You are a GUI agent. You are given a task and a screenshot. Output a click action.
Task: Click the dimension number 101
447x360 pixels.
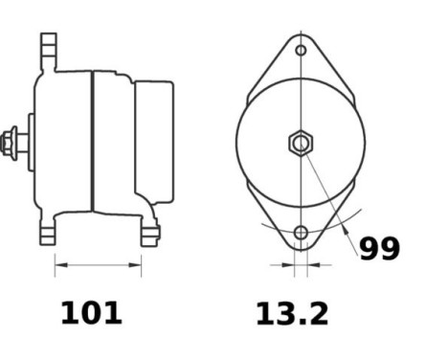[92, 313]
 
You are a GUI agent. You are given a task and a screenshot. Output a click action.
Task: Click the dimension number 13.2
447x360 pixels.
[291, 313]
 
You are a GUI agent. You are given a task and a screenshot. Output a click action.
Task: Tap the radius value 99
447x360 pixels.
[379, 249]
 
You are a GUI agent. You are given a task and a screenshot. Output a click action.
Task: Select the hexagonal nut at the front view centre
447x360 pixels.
[301, 144]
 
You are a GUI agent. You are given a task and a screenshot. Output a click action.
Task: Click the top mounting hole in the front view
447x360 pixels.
[301, 50]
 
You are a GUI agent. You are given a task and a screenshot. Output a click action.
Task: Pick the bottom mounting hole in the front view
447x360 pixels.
[301, 233]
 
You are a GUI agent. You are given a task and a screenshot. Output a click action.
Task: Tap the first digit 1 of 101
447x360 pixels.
[69, 313]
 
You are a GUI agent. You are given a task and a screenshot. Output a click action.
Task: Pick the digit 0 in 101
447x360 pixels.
[92, 313]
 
